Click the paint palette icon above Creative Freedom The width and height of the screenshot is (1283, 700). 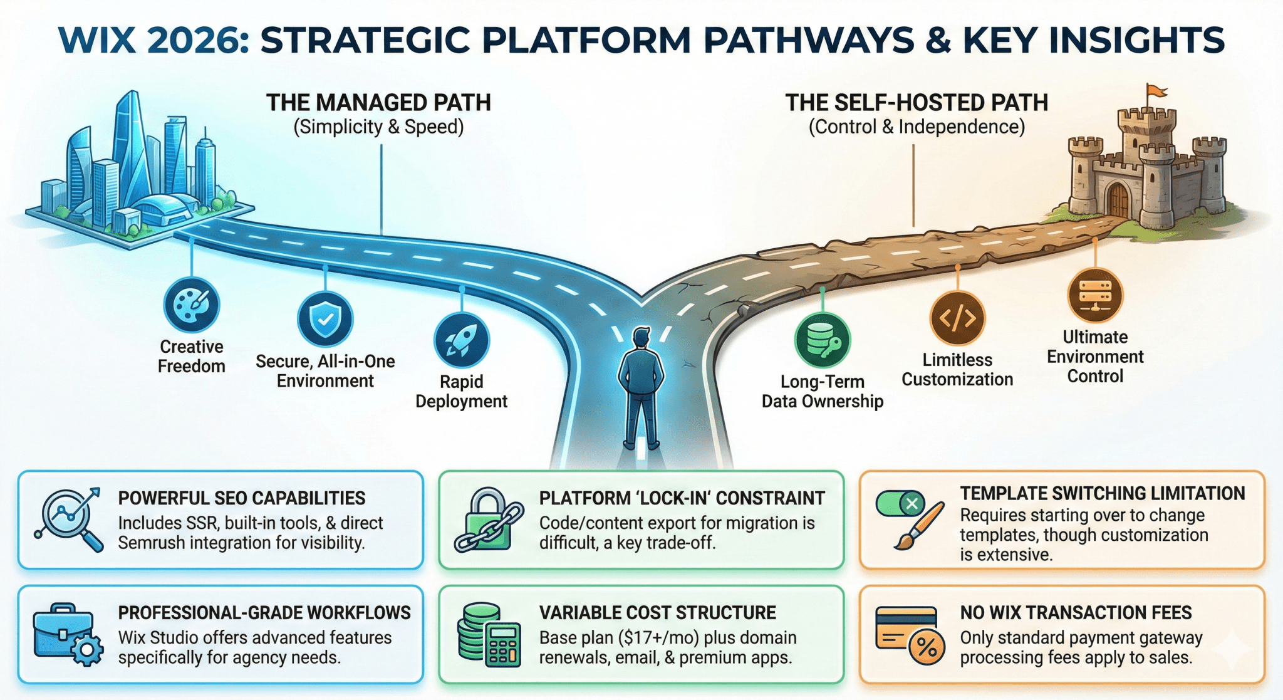[191, 305]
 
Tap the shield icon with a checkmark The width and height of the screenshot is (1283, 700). [325, 319]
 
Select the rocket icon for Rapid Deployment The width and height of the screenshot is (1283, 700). [462, 340]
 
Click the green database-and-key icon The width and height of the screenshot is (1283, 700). [823, 340]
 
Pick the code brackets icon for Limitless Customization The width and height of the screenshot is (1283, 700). [957, 318]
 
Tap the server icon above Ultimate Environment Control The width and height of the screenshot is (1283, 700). [1095, 295]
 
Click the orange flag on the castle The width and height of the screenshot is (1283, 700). [1156, 91]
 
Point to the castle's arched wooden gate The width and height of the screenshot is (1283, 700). [1117, 200]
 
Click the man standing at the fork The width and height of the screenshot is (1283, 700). [640, 388]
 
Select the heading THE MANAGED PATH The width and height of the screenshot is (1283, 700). [379, 103]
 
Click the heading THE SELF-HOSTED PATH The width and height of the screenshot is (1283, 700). [917, 103]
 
